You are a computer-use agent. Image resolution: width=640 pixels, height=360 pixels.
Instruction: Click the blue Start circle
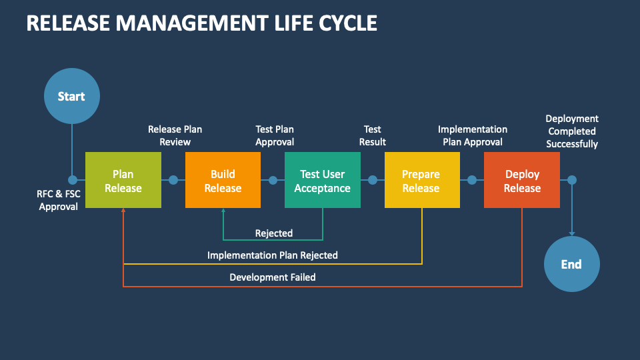coord(71,96)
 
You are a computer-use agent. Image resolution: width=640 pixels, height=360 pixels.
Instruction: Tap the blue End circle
coord(571,264)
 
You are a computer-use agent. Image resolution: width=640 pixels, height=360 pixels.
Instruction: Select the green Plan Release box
coord(123,180)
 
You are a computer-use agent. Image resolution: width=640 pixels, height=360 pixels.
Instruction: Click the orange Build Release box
coord(223,180)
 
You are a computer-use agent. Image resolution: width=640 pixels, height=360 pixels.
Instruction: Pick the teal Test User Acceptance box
coord(323,180)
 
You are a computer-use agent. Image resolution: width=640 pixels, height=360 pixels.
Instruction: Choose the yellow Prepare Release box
coord(422,180)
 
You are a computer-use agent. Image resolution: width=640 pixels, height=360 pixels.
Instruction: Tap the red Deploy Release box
coord(522,180)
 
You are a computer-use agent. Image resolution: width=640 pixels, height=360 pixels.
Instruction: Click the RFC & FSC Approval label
coord(58,200)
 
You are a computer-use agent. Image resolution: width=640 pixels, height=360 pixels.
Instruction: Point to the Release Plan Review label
coord(175,135)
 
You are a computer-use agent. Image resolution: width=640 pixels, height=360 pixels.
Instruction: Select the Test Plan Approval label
coord(275,135)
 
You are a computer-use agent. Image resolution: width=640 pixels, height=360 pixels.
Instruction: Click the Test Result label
coord(372,135)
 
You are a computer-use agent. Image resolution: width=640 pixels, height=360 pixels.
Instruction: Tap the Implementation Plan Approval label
coord(473,135)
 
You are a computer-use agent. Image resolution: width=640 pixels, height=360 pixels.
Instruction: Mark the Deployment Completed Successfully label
coord(572,131)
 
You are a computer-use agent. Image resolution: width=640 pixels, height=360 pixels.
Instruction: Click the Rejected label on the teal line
coord(274,233)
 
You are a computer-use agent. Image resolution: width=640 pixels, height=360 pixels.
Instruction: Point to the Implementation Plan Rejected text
coord(273,255)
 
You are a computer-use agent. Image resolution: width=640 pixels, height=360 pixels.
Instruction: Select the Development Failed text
coord(273,277)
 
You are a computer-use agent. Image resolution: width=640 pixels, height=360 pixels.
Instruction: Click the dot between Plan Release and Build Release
coord(173,180)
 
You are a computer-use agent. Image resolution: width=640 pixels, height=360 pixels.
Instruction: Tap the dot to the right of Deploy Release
coord(571,180)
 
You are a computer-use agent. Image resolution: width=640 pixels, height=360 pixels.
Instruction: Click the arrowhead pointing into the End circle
coord(571,233)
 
